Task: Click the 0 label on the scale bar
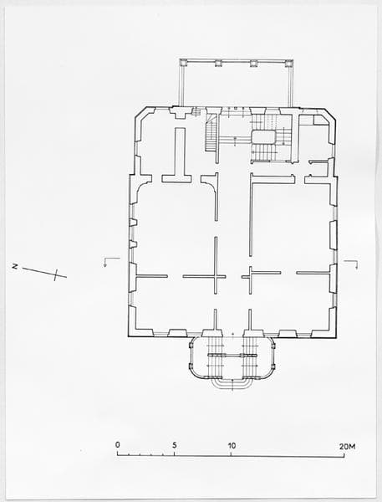(118, 445)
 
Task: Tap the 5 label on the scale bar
(175, 445)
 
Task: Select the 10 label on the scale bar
(232, 445)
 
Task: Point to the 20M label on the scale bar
(347, 446)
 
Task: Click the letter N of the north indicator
(14, 266)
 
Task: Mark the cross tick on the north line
(56, 274)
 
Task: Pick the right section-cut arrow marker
(351, 264)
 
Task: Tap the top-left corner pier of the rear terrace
(184, 63)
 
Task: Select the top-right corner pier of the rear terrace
(289, 63)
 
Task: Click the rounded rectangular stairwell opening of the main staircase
(263, 137)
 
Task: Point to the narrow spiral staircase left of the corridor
(211, 134)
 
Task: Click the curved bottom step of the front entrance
(232, 384)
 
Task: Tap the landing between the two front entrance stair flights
(232, 355)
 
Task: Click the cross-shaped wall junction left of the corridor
(216, 276)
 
